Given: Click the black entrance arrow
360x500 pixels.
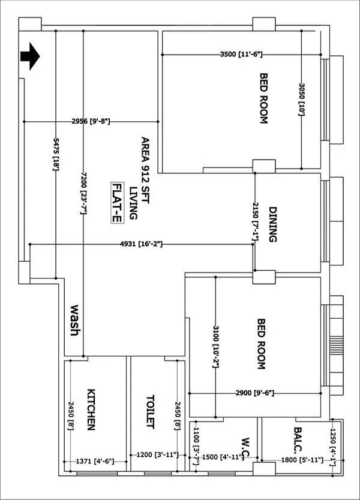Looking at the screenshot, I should point(30,57).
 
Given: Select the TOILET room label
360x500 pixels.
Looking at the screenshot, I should point(150,411).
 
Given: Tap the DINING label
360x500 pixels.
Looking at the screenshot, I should point(272,224).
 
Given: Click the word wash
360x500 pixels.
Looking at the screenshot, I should point(76,320).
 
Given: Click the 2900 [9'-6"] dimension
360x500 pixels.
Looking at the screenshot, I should point(254,393).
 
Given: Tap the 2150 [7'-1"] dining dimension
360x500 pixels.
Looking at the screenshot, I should point(255,221).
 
